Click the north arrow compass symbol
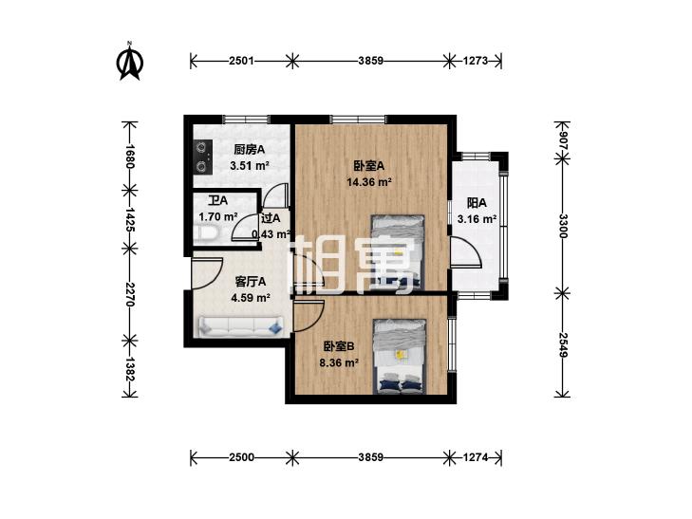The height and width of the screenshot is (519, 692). point(130,62)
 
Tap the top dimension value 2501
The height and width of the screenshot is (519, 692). point(241,61)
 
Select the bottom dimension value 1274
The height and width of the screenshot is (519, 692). point(476,457)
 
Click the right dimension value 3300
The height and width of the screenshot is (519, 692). point(562,226)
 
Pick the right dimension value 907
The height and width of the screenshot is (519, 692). point(562,141)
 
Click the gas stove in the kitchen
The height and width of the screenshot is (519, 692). point(202,157)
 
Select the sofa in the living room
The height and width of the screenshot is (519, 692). point(241,326)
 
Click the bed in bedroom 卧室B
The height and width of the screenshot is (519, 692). point(400,357)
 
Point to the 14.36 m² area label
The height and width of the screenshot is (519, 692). point(370,181)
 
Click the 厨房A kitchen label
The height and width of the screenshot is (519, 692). point(250,150)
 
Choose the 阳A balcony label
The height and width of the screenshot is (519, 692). point(477,203)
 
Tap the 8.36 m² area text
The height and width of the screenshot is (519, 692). point(339,362)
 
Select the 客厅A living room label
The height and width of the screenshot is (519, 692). point(251,282)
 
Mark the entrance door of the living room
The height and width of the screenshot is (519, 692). point(207,273)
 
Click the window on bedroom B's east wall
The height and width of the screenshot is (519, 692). point(452,343)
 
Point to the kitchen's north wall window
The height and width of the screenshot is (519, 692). point(246,119)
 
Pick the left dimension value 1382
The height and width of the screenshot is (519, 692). point(129,369)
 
